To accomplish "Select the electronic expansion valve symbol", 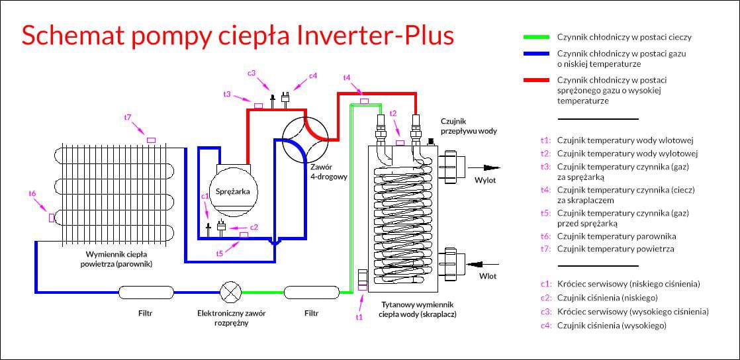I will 230,291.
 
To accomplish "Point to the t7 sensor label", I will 128,118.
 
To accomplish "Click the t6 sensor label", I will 32,193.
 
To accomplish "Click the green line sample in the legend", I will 537,37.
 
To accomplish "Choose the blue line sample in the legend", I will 537,54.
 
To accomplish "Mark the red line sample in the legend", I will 537,80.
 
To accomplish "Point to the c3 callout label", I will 252,73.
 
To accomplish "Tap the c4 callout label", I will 313,75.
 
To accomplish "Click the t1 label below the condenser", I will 359,317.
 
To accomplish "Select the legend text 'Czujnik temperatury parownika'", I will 616,236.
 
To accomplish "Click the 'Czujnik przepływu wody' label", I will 469,126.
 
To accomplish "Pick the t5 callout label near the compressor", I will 220,253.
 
